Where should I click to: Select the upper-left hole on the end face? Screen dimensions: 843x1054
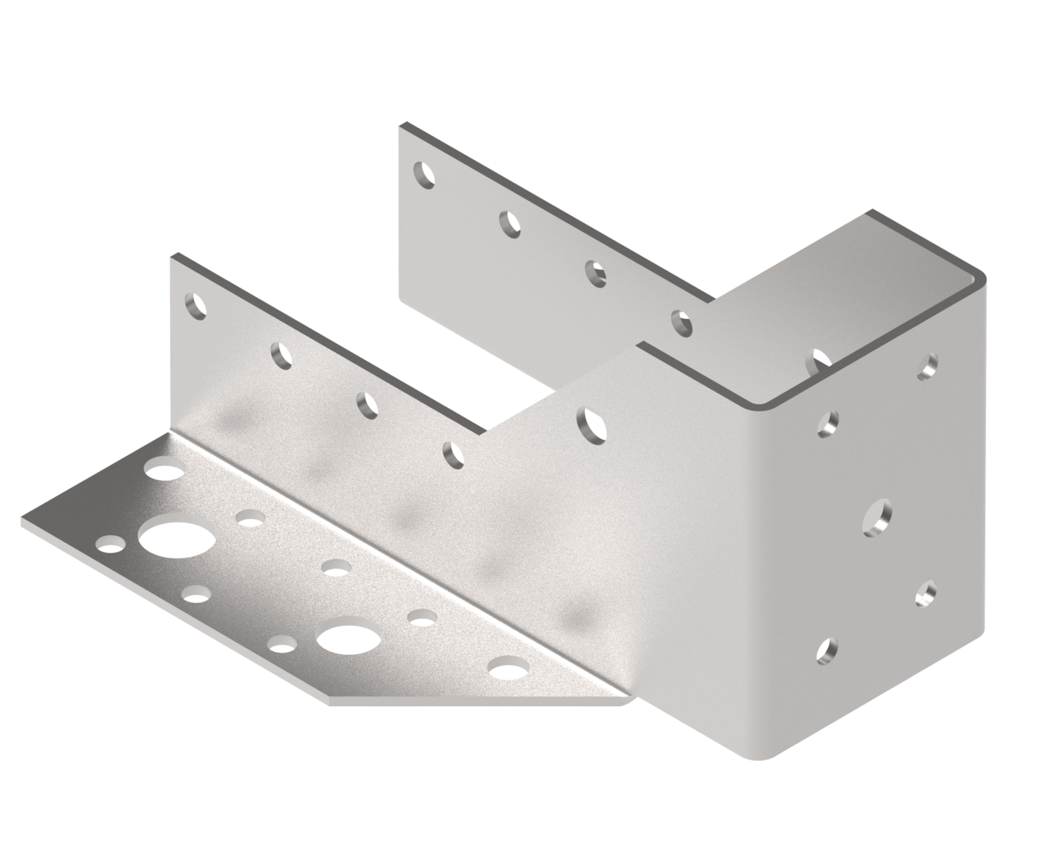point(828,423)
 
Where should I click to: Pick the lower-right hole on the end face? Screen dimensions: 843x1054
point(926,592)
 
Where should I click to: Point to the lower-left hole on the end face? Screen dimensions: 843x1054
point(827,650)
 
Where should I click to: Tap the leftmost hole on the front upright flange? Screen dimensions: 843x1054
point(195,305)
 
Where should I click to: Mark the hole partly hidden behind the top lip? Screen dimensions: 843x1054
point(822,359)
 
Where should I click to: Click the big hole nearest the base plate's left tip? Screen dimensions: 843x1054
point(178,540)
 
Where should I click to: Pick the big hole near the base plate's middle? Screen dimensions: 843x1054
point(349,640)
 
